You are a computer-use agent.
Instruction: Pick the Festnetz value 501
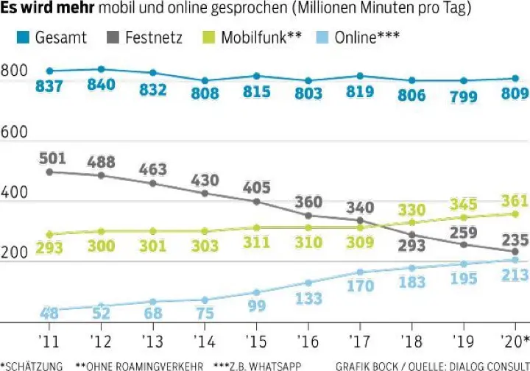[x=49, y=158]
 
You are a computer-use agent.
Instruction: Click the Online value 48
[x=49, y=313]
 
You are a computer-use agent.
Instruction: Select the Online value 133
[x=308, y=298]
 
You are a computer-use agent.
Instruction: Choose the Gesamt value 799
[x=463, y=96]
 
